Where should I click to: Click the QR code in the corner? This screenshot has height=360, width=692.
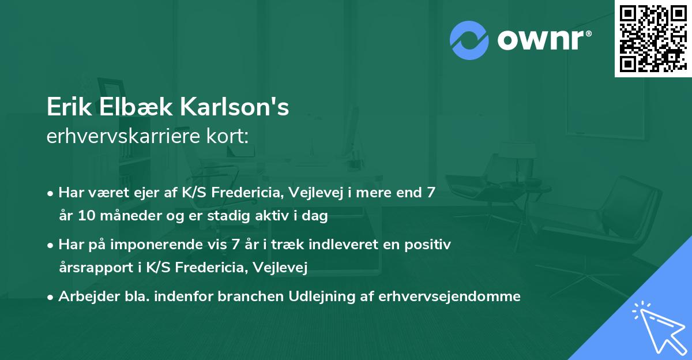click(x=652, y=38)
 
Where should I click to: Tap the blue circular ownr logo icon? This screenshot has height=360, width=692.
click(x=469, y=40)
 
